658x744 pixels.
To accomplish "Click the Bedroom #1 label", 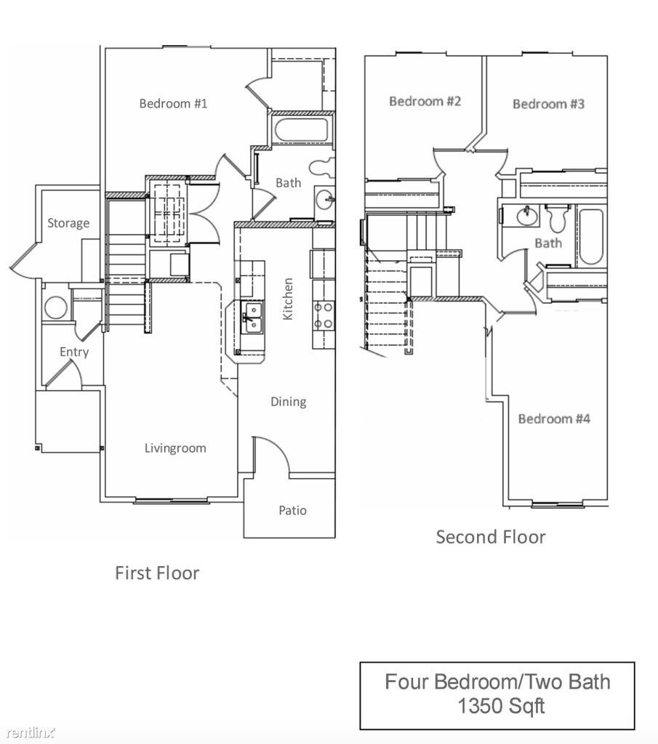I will (x=173, y=103).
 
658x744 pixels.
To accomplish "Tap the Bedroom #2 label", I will (x=425, y=101).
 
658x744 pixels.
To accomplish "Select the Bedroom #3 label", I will (x=548, y=104).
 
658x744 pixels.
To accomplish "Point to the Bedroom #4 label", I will (x=553, y=418).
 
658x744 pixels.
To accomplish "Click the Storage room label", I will (x=68, y=223).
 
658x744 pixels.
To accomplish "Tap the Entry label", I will (x=74, y=352).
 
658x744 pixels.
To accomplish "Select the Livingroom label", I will (x=174, y=448).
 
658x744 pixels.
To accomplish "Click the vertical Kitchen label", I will (x=288, y=299).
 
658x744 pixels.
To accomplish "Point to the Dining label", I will (x=288, y=402).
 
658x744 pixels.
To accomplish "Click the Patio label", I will (x=292, y=510).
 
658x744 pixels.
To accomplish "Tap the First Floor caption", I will (x=157, y=573).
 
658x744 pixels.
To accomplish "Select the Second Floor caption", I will (x=490, y=537).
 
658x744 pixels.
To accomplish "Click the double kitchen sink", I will (x=252, y=317).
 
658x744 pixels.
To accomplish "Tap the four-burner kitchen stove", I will (x=324, y=315).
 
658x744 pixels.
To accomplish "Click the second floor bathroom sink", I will (x=525, y=216).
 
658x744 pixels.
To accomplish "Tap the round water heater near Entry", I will (x=56, y=307).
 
